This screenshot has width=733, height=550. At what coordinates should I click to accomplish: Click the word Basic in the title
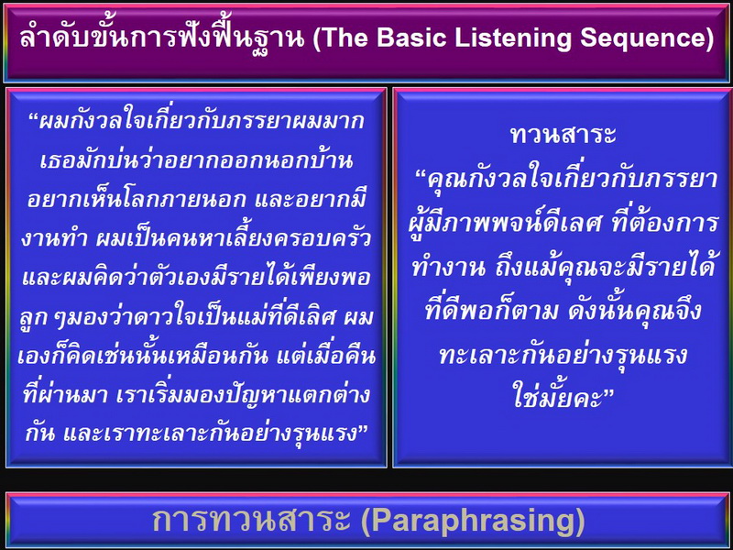point(411,38)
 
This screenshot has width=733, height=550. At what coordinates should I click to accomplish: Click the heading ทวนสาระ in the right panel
point(563,135)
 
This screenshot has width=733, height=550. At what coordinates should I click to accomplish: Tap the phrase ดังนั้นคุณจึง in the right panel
point(635,311)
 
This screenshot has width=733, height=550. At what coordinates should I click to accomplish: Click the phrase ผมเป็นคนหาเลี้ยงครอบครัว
point(234,238)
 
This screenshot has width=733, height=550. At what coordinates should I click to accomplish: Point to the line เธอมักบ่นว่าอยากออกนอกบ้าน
point(196,159)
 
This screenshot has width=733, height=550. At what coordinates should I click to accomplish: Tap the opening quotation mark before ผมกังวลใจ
point(34,117)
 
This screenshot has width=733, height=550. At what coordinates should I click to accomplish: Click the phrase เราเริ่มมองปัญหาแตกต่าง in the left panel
point(242,395)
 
